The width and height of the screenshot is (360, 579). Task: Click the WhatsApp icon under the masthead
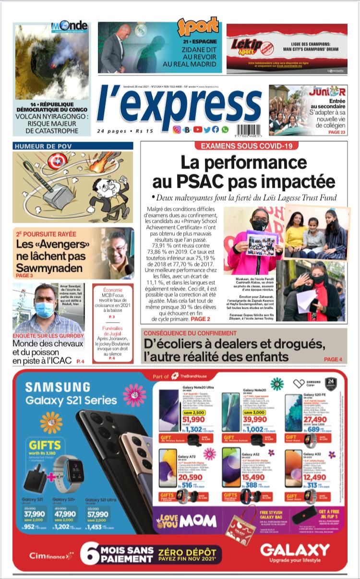(x=225, y=130)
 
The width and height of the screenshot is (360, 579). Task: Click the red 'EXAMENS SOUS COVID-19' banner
(x=244, y=146)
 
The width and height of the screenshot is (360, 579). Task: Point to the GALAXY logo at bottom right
(x=295, y=549)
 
